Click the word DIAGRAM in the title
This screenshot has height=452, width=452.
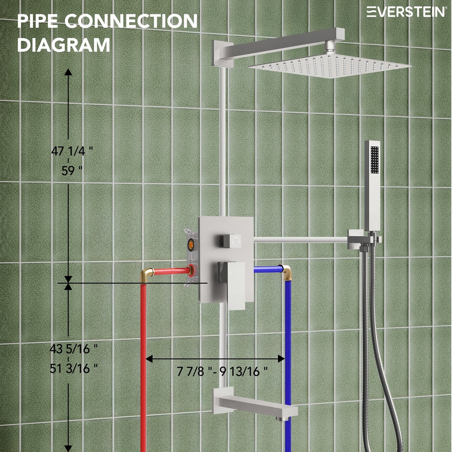[x=64, y=45]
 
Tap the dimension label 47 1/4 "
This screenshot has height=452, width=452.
[x=72, y=151]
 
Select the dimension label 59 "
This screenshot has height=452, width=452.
[x=72, y=171]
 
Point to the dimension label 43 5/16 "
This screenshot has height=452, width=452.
[x=74, y=349]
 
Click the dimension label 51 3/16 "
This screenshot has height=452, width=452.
[x=74, y=368]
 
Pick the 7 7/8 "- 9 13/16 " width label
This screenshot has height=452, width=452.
[x=222, y=371]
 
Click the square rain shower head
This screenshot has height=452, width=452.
[x=330, y=66]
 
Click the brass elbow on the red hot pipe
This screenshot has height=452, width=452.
[x=147, y=275]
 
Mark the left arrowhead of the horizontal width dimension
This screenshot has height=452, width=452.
[x=149, y=359]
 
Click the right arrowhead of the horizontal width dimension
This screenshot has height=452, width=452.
[x=281, y=359]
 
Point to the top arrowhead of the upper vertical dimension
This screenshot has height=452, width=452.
[x=68, y=72]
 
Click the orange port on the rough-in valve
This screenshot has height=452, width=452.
[x=191, y=243]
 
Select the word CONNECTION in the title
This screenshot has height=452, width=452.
[x=131, y=21]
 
